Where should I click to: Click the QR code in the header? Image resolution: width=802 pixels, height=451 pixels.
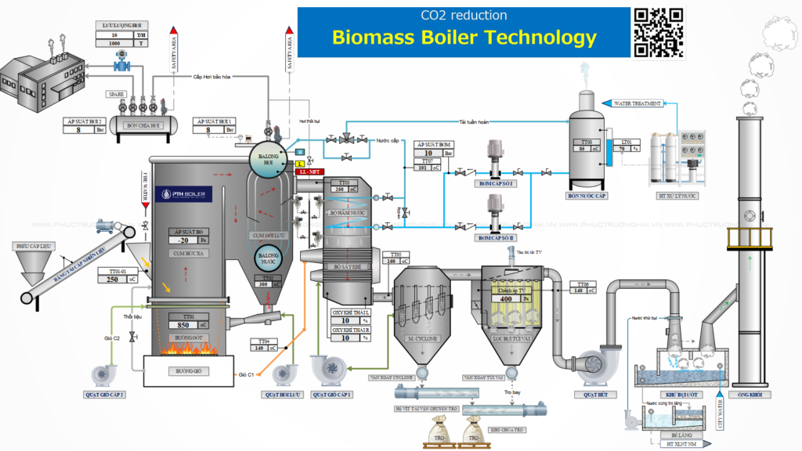(x=659, y=32)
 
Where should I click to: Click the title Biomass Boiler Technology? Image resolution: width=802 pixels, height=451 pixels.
(x=464, y=37)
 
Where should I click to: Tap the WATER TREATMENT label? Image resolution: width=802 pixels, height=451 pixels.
(x=637, y=103)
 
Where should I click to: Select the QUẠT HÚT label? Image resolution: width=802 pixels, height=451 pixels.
(x=595, y=395)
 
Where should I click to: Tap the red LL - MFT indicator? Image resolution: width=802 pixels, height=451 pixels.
(x=307, y=170)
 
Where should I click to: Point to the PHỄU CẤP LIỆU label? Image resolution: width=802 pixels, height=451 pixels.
(x=34, y=246)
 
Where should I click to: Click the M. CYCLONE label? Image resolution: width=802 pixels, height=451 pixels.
(x=421, y=338)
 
